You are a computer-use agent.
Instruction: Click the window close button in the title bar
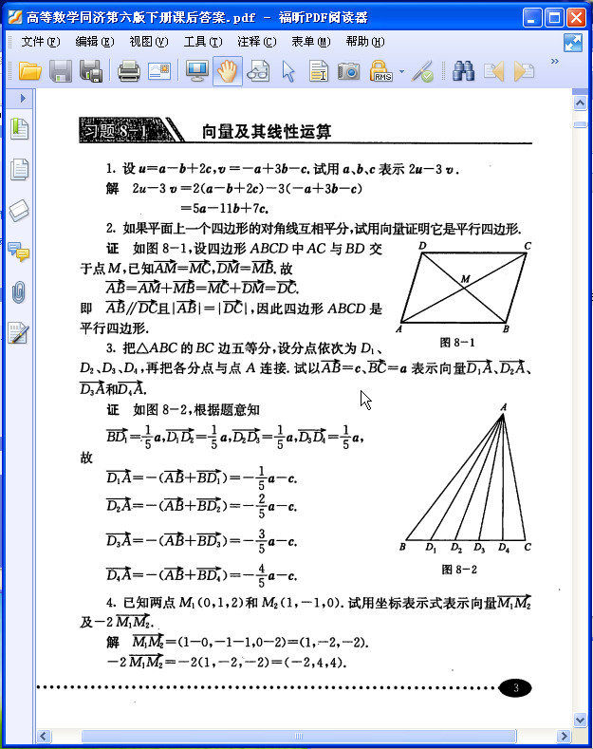578,17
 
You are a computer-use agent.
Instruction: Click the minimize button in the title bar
534,17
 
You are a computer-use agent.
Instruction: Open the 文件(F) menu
40,42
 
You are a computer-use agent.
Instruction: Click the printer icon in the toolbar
129,70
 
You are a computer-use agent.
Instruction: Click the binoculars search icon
463,70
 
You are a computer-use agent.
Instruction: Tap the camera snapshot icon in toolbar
349,70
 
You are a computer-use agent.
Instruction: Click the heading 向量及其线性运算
267,132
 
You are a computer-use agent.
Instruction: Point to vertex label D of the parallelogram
421,246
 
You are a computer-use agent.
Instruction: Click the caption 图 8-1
457,342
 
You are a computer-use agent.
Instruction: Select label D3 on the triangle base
479,549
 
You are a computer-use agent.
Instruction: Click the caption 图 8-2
459,570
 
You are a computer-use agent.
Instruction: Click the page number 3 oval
515,688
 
